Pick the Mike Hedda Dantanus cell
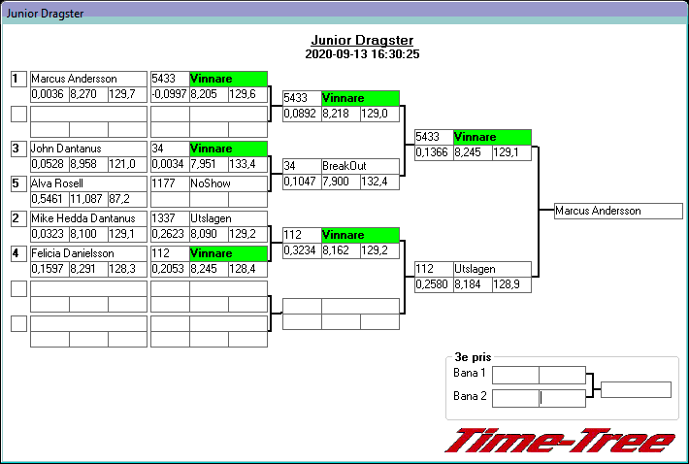click(87, 218)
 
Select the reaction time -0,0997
click(169, 94)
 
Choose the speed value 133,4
click(246, 164)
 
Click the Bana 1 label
click(469, 374)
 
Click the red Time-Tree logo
click(559, 440)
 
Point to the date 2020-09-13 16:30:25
click(362, 54)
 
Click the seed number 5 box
click(17, 182)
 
